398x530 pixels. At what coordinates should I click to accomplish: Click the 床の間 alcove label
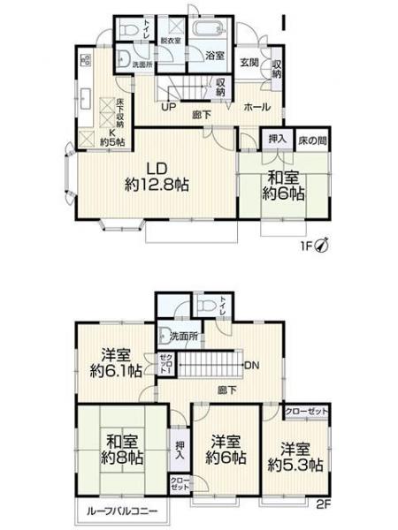pos(309,139)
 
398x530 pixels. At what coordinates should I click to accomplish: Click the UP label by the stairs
pos(168,108)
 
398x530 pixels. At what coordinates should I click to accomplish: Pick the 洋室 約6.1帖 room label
pos(115,361)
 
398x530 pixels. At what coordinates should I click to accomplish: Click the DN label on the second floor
pos(250,366)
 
